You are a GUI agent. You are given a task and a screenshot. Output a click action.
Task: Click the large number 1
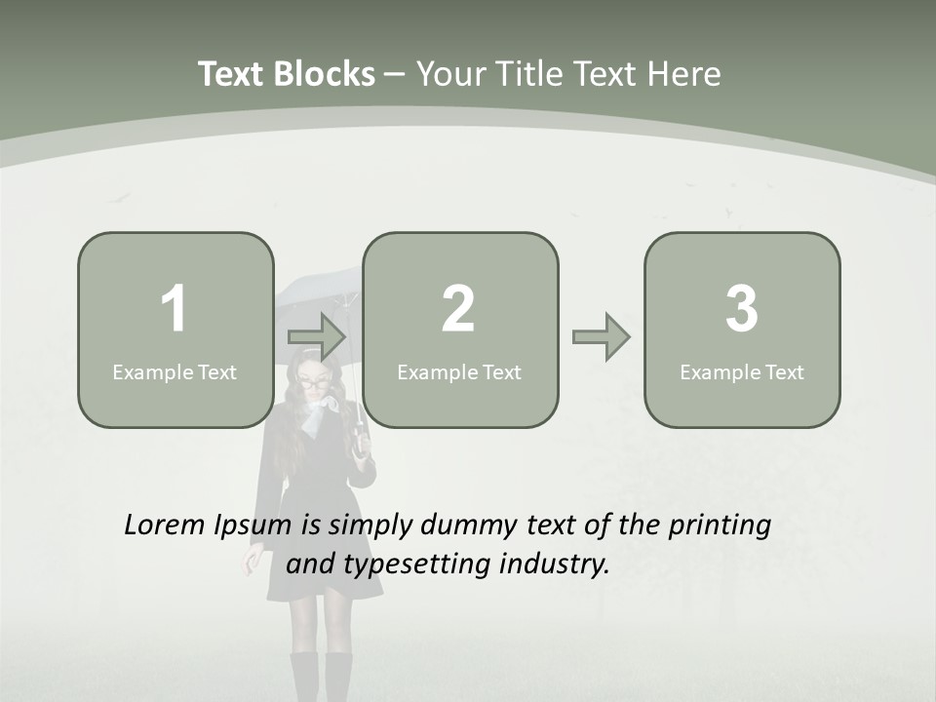175,309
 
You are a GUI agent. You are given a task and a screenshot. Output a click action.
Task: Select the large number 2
458,309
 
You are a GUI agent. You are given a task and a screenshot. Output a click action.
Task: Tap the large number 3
742,309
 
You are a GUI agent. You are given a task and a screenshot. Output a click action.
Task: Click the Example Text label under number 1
175,371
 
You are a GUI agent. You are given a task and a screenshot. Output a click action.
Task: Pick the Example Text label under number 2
459,371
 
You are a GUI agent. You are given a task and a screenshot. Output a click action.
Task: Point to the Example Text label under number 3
742,371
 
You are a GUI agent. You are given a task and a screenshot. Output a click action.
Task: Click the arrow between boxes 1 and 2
317,337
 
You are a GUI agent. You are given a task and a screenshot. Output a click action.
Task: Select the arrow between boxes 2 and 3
601,337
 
